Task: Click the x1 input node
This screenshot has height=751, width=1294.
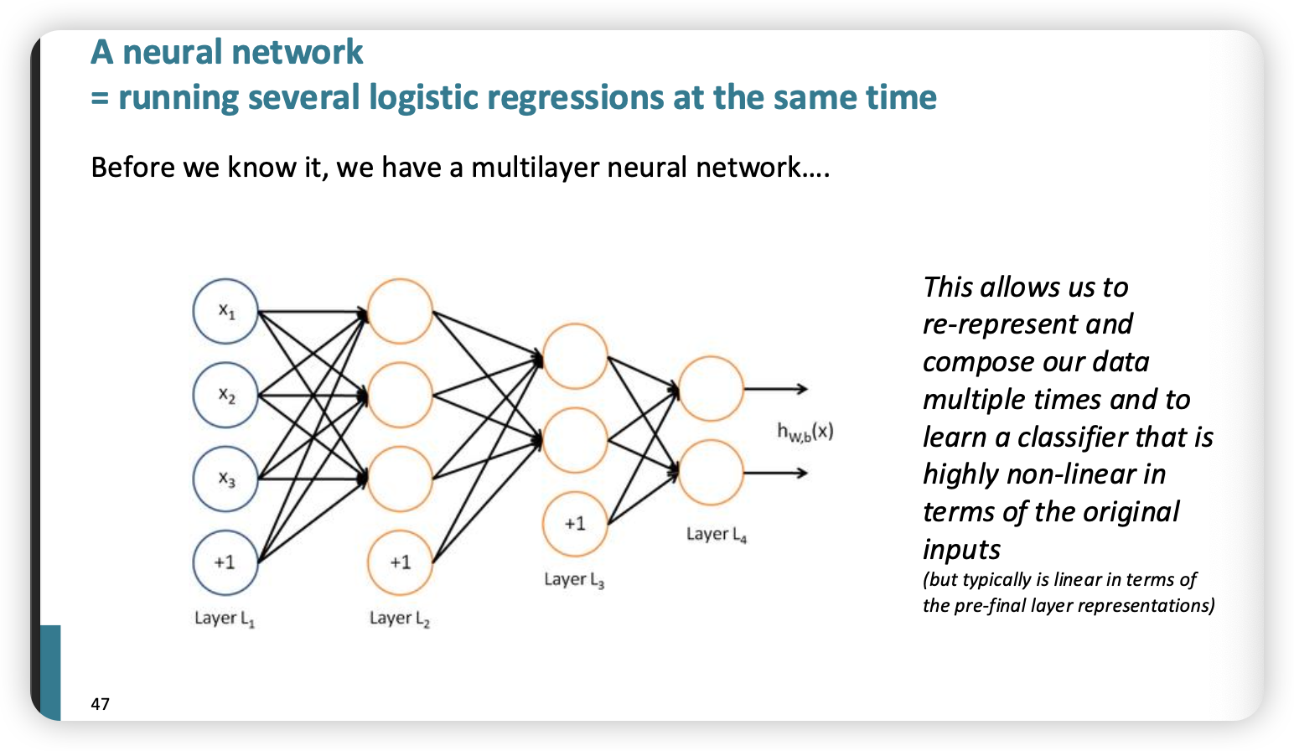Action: (x=225, y=311)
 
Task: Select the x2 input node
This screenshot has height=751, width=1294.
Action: (x=225, y=395)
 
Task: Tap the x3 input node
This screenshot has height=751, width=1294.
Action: (x=225, y=479)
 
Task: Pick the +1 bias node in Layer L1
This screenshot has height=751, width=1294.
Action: (x=225, y=562)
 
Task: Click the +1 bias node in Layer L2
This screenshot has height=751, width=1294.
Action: (x=400, y=562)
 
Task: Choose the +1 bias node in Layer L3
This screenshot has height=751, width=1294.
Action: (x=575, y=524)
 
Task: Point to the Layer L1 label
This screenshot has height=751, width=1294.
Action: (x=225, y=619)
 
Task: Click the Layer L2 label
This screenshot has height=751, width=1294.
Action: (x=400, y=619)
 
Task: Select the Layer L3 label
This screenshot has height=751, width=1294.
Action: (x=574, y=579)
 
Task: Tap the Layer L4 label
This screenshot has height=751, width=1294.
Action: (x=717, y=534)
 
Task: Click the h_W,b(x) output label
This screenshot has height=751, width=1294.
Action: (x=805, y=432)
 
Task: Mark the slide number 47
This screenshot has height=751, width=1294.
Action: (x=101, y=704)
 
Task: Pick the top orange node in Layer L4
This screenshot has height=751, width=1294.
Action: (x=711, y=389)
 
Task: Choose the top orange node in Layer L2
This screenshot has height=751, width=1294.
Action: (x=400, y=311)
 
